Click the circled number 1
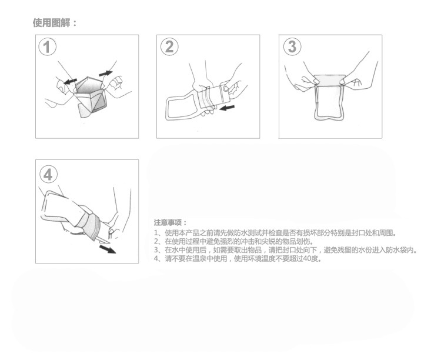(x=47, y=47)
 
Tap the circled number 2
(x=169, y=46)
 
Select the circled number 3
(x=292, y=46)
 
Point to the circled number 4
(x=48, y=175)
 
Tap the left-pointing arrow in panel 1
(x=70, y=81)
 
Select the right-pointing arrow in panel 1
(x=106, y=74)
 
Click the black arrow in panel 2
(x=227, y=108)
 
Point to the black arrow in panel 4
(x=108, y=249)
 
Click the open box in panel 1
(x=90, y=96)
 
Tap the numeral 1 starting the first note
(x=156, y=233)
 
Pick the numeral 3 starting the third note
(x=156, y=250)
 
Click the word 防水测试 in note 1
(x=249, y=233)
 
